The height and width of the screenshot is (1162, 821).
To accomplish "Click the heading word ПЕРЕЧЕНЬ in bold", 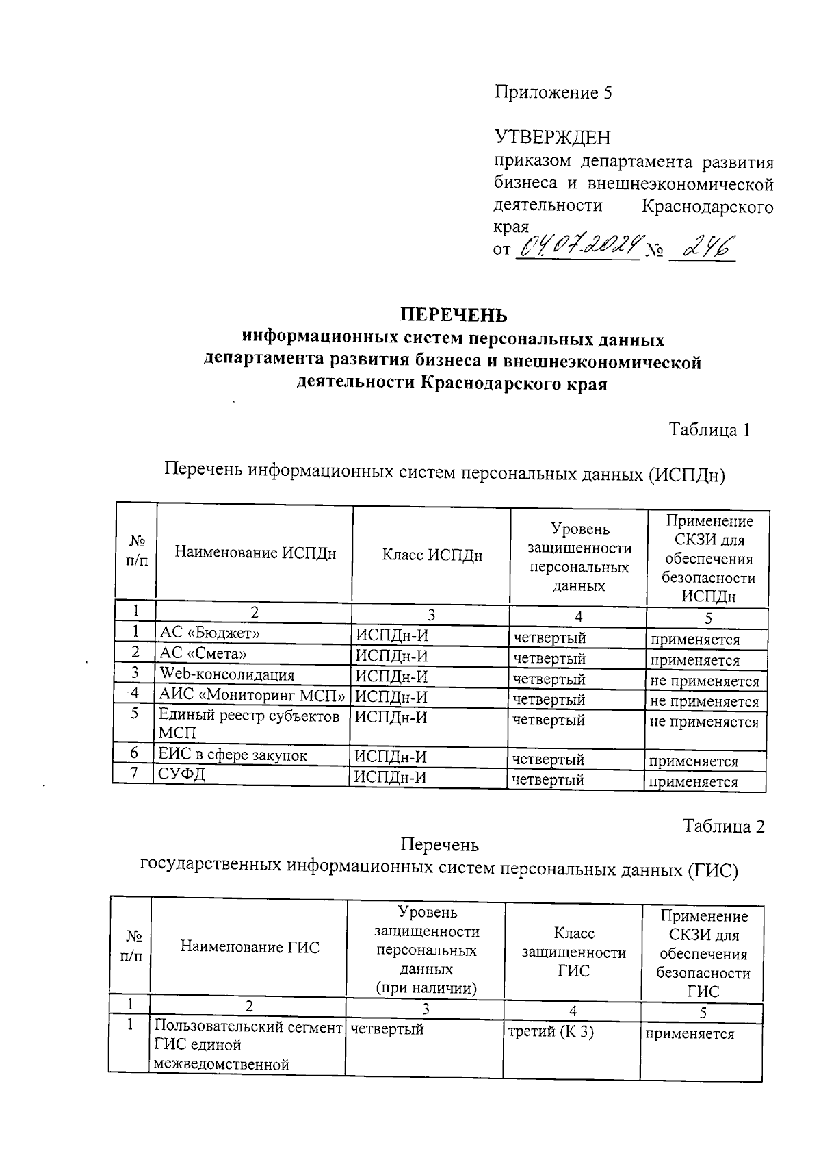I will click(x=454, y=315).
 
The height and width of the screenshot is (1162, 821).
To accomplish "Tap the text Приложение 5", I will click(x=553, y=92).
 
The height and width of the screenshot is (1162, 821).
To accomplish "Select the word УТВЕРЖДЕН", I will click(x=552, y=138).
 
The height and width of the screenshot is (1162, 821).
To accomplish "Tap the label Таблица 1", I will click(x=709, y=430).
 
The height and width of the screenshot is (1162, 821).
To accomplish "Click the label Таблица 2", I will click(x=723, y=826).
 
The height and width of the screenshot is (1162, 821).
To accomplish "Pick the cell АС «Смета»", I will click(x=203, y=653).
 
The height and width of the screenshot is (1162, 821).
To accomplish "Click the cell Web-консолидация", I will click(x=226, y=674).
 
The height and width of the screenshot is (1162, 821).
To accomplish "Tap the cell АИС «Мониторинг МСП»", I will click(x=252, y=694).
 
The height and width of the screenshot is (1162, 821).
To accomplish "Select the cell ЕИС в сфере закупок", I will click(x=233, y=755).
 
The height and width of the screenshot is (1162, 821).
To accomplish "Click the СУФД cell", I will click(x=182, y=774).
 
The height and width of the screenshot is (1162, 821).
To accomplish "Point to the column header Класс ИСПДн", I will click(x=432, y=555).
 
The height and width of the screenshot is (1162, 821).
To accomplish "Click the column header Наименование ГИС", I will click(x=250, y=947).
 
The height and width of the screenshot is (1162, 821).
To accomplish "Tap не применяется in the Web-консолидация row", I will click(x=704, y=681).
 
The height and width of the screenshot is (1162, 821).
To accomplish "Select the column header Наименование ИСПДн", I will click(x=255, y=553).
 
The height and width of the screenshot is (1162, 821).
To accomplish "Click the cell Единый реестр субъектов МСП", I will click(x=249, y=724).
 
